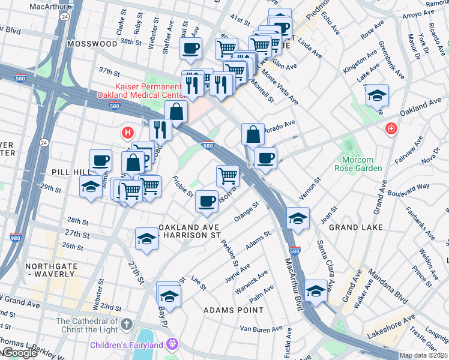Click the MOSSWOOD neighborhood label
pyautogui.click(x=92, y=44)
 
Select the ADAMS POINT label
pyautogui.click(x=233, y=310)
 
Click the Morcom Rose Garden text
pyautogui.click(x=361, y=164)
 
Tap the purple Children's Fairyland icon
pyautogui.click(x=172, y=345)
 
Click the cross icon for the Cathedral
pyautogui.click(x=125, y=325)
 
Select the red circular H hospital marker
pyautogui.click(x=127, y=132)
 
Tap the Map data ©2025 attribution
pyautogui.click(x=423, y=355)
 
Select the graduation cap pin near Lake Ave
pyautogui.click(x=376, y=95)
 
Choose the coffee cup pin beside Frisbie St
pyautogui.click(x=206, y=201)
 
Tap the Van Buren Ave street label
pyautogui.click(x=261, y=329)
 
